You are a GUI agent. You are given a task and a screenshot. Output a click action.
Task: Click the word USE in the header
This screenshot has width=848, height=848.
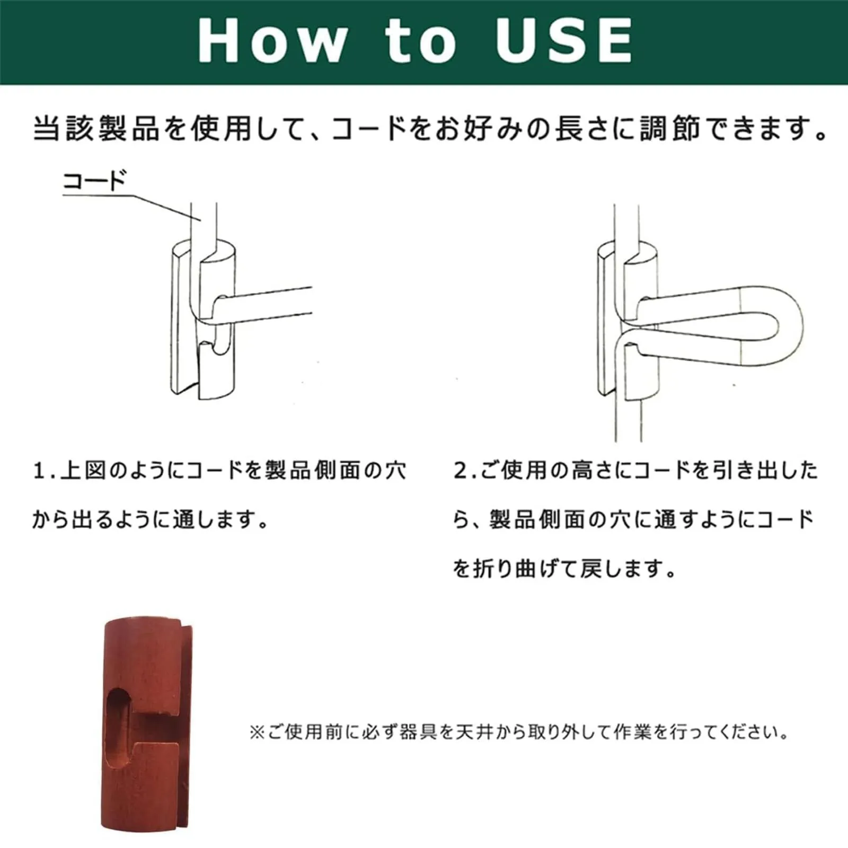[x=564, y=41]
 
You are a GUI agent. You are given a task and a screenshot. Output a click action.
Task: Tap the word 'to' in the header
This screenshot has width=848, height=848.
[x=421, y=41]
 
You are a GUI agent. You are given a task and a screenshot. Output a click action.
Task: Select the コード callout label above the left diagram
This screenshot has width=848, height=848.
[x=94, y=181]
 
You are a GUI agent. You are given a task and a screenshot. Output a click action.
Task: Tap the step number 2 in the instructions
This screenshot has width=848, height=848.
[x=460, y=471]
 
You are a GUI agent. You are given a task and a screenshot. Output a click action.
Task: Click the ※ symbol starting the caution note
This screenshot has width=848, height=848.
[x=257, y=733]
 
